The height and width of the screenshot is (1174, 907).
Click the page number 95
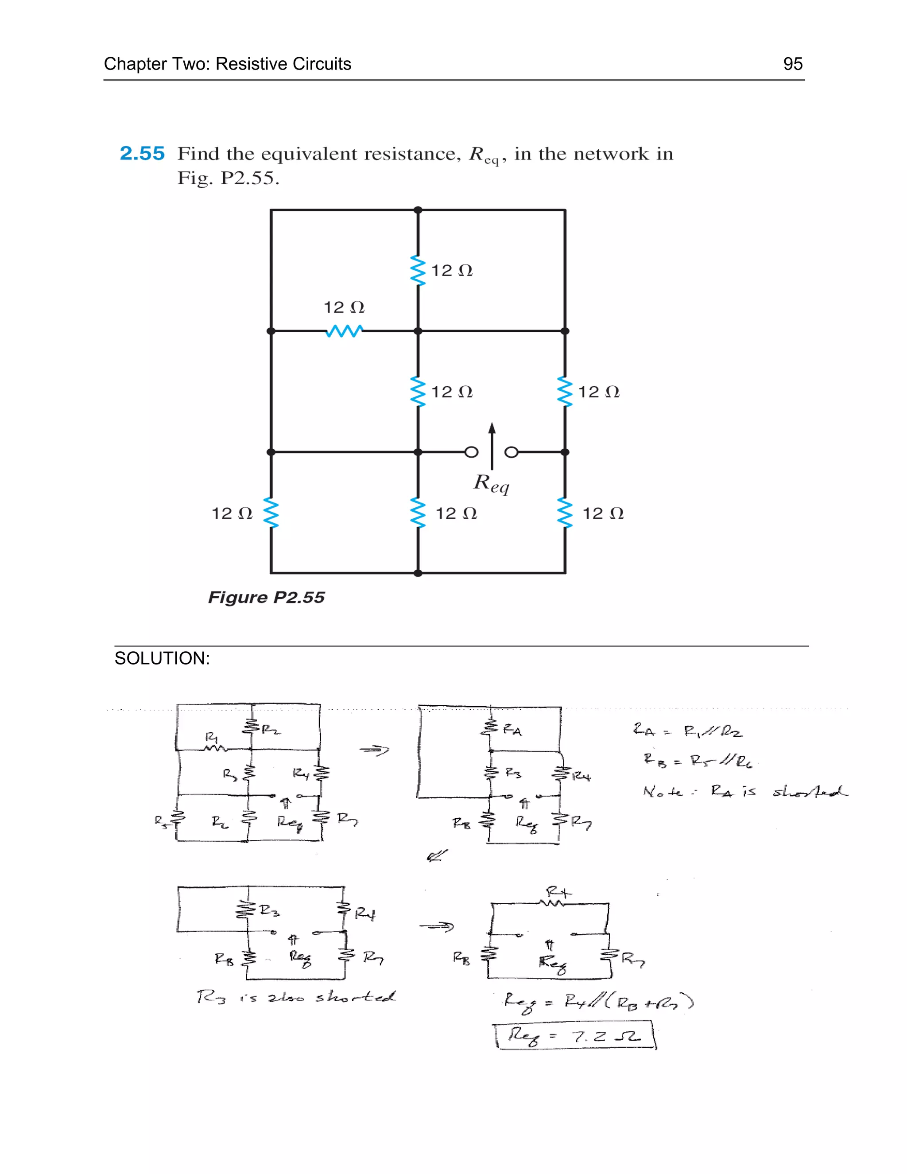click(x=793, y=64)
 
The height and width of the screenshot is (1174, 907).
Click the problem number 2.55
click(x=142, y=154)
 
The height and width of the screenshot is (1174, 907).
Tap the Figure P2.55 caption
click(x=266, y=597)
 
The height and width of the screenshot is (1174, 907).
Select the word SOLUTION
click(x=162, y=658)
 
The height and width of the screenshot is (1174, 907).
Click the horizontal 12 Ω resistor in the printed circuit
click(x=344, y=330)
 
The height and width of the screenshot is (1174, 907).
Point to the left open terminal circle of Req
click(x=471, y=452)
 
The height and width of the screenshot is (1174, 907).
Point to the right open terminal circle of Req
click(x=512, y=452)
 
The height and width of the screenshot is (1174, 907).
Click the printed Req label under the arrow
click(x=491, y=483)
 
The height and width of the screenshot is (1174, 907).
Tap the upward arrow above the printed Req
click(x=492, y=446)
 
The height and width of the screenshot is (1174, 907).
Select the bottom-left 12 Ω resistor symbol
click(x=271, y=513)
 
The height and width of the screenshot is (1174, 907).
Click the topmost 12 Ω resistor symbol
click(x=418, y=270)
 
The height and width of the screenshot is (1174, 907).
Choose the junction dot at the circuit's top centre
click(x=418, y=210)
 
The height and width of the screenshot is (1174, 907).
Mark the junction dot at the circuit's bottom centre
click(x=418, y=573)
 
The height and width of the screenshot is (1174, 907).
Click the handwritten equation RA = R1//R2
click(x=687, y=731)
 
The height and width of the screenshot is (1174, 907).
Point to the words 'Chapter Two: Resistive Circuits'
click(x=227, y=64)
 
